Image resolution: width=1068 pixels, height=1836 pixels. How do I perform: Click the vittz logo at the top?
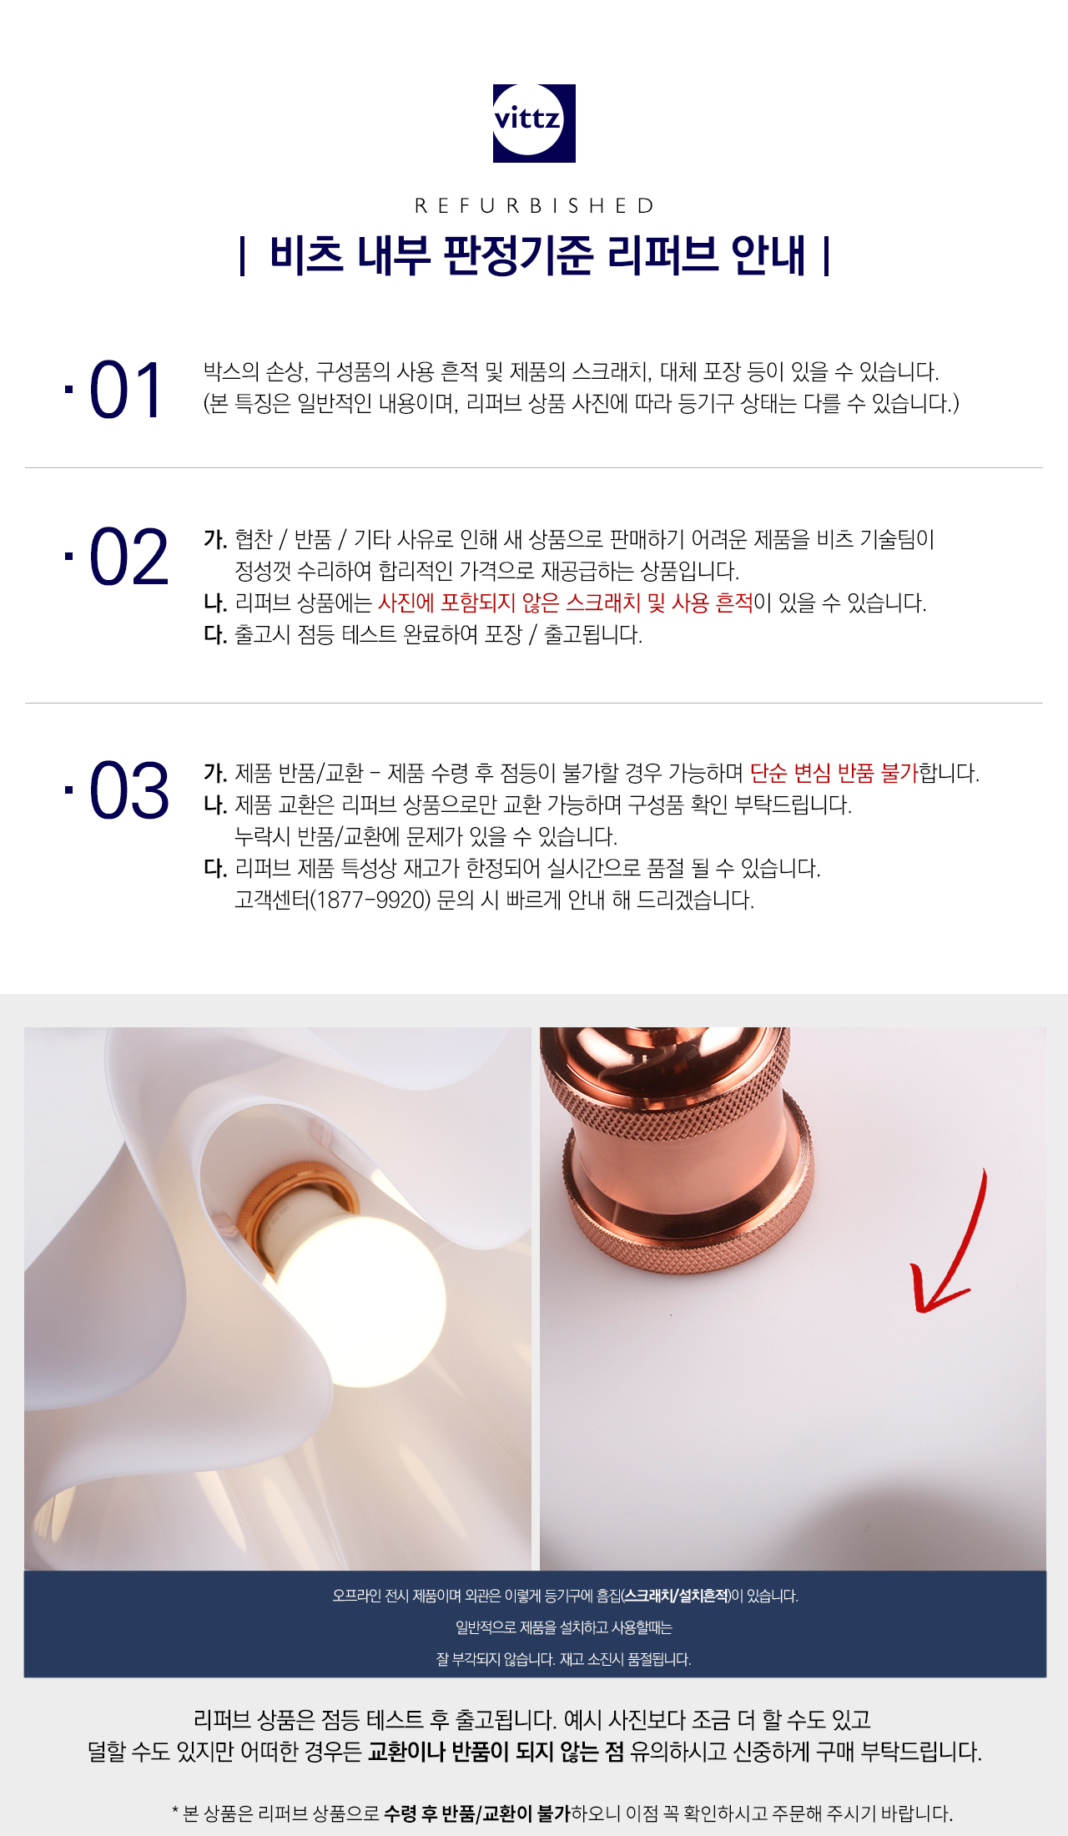click(x=534, y=123)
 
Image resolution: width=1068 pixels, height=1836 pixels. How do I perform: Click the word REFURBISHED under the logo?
click(x=535, y=206)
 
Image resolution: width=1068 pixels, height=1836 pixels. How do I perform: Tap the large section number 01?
click(x=126, y=391)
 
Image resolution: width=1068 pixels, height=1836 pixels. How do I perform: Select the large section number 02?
click(x=128, y=557)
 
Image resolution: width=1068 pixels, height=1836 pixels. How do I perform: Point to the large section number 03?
click(x=128, y=790)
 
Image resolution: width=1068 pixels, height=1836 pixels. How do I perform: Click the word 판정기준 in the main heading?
click(x=517, y=255)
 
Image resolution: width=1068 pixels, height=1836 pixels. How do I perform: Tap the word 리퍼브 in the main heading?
click(x=662, y=255)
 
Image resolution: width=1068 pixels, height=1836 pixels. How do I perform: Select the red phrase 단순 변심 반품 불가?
click(x=834, y=774)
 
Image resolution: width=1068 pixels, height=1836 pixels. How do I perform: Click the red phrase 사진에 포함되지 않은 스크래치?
click(x=509, y=603)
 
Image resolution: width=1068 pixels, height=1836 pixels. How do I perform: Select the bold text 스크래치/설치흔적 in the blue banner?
click(x=677, y=1596)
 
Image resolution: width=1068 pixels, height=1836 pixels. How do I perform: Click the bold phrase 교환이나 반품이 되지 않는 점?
click(x=496, y=1751)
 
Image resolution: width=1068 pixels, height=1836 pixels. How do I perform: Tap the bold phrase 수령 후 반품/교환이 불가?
click(x=477, y=1813)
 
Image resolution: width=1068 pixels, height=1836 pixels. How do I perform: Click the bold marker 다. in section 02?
click(x=215, y=635)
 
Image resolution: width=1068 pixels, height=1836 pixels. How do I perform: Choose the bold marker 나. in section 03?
click(x=215, y=805)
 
